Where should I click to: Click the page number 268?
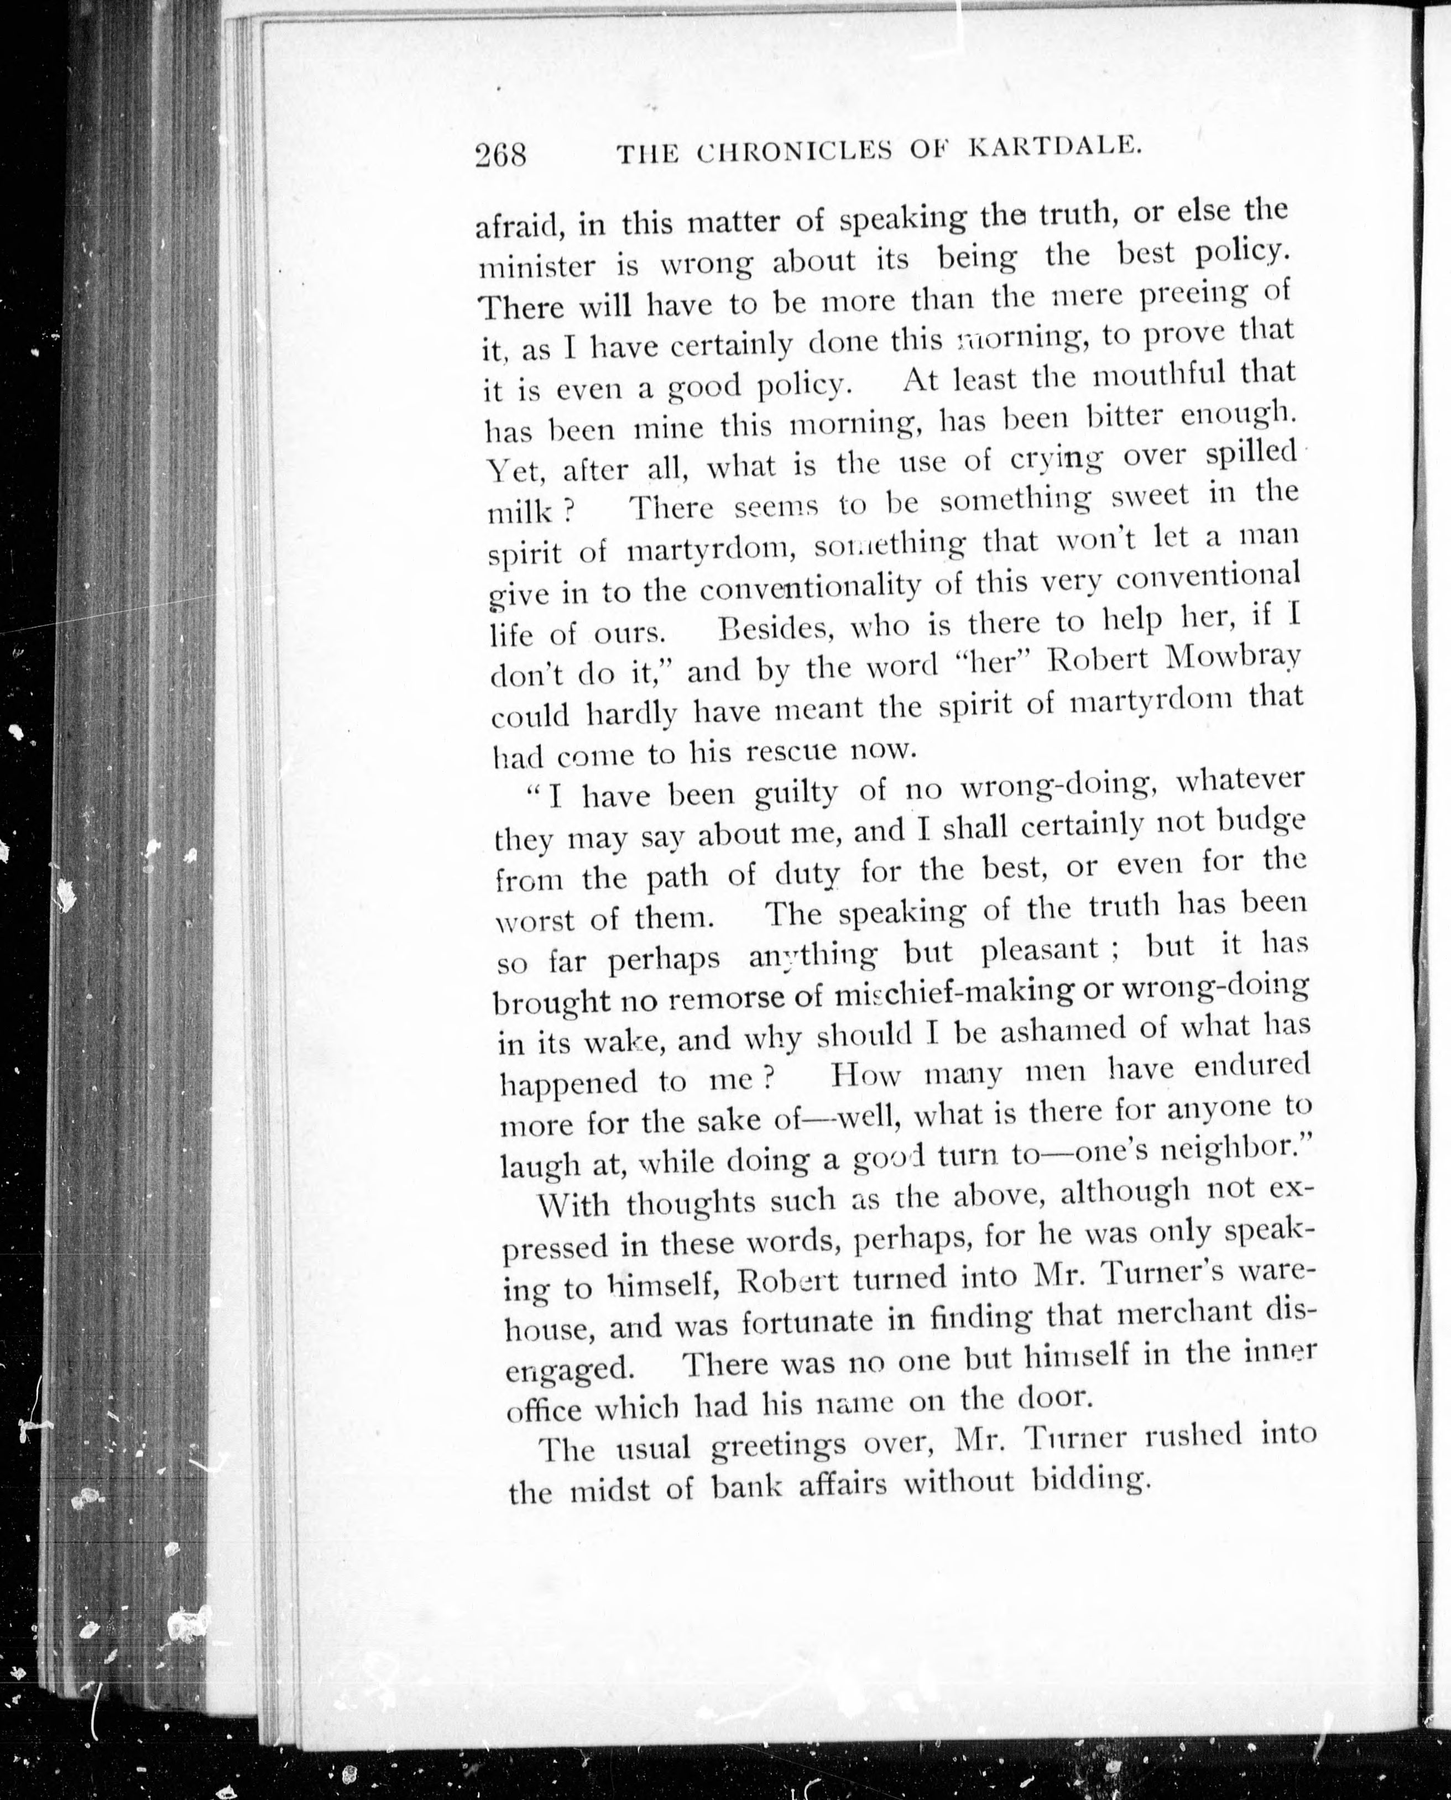click(x=500, y=155)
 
